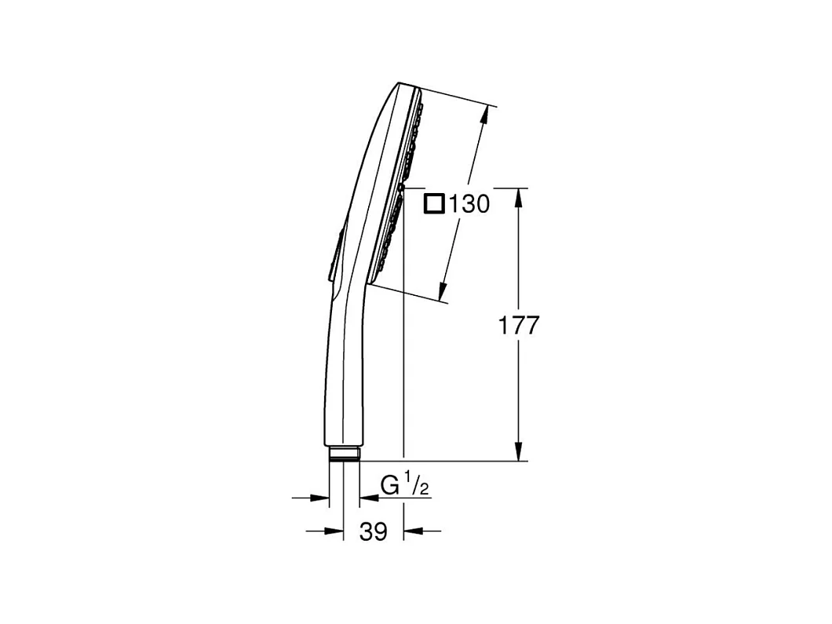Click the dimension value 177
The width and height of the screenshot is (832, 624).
click(519, 325)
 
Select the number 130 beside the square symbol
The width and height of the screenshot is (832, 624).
click(470, 205)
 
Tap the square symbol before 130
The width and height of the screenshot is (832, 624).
click(432, 204)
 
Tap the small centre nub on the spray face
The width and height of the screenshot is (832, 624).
click(401, 188)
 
